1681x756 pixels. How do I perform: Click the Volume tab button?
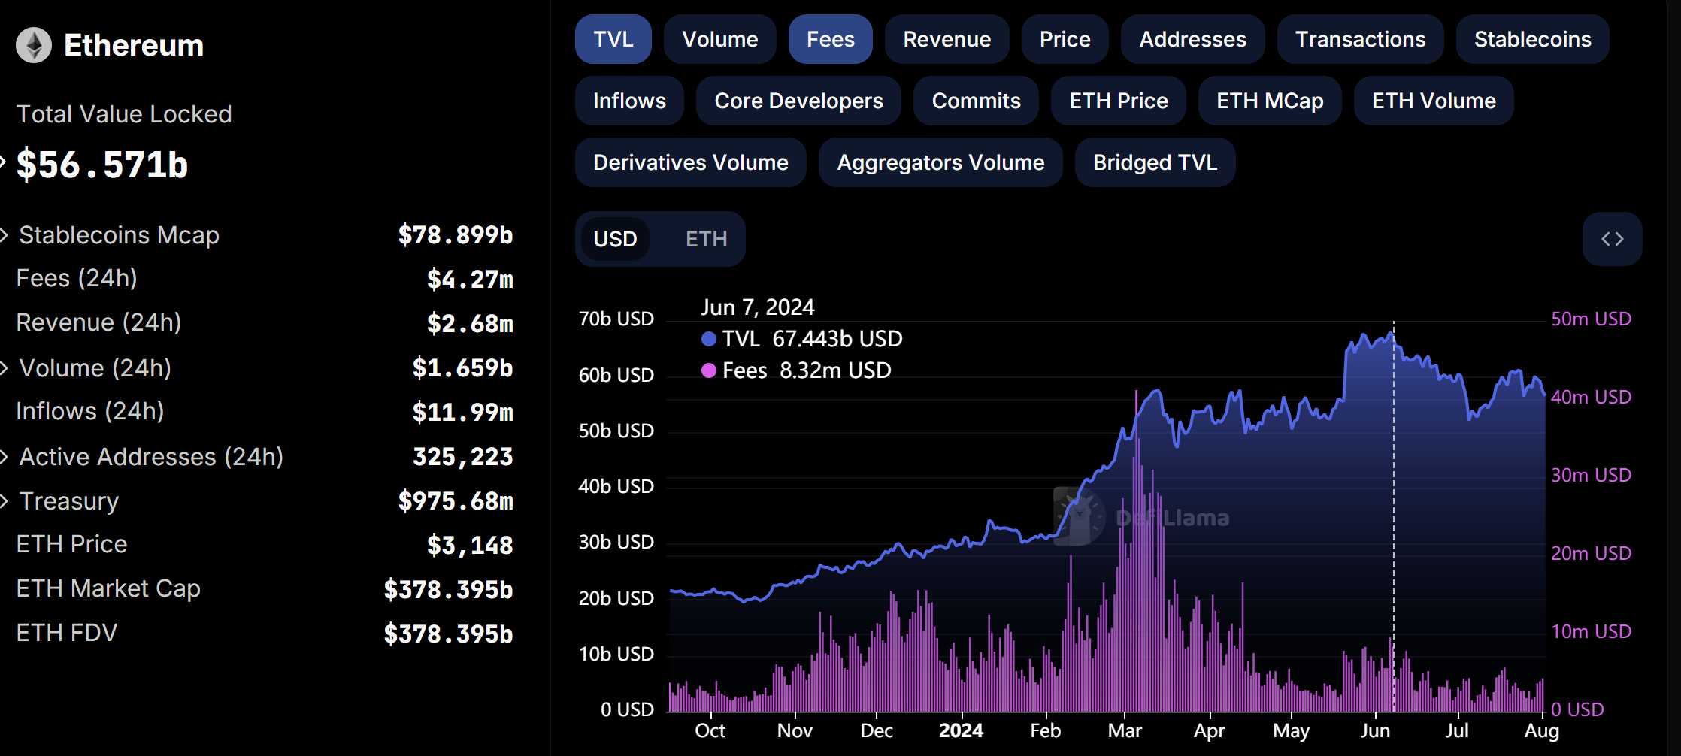point(719,39)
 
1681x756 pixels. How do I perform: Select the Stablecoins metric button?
point(1532,39)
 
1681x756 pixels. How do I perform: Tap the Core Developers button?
point(798,101)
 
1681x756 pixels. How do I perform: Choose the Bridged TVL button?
point(1155,162)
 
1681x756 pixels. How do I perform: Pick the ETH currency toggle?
point(706,239)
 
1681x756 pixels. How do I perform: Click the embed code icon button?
point(1612,239)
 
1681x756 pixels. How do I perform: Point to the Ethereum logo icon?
point(34,45)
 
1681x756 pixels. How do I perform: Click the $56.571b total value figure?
point(102,165)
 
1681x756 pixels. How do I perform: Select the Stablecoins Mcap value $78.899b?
point(455,235)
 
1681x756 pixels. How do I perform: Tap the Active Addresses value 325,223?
point(462,457)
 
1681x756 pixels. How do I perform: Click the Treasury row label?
point(69,501)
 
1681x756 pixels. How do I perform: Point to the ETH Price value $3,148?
point(470,545)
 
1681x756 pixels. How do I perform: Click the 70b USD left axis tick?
point(616,319)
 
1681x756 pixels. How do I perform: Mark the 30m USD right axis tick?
point(1591,475)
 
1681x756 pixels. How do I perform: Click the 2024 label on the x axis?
point(961,730)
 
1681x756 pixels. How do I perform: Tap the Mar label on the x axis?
point(1125,730)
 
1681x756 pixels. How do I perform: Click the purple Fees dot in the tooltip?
point(708,370)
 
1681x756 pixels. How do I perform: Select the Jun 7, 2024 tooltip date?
point(757,307)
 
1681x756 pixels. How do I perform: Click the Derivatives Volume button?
point(690,162)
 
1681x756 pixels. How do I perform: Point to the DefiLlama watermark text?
point(1173,518)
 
